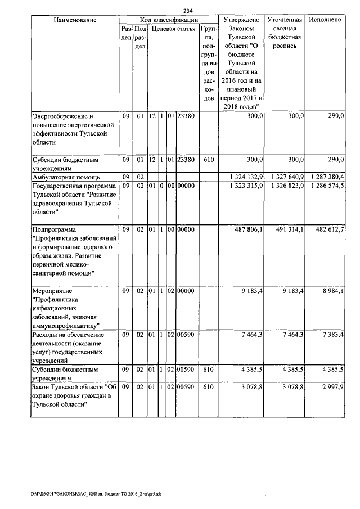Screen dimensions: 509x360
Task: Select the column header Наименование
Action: [75, 20]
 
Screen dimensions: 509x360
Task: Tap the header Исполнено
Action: [326, 20]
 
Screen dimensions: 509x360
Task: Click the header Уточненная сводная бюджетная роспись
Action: [285, 33]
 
